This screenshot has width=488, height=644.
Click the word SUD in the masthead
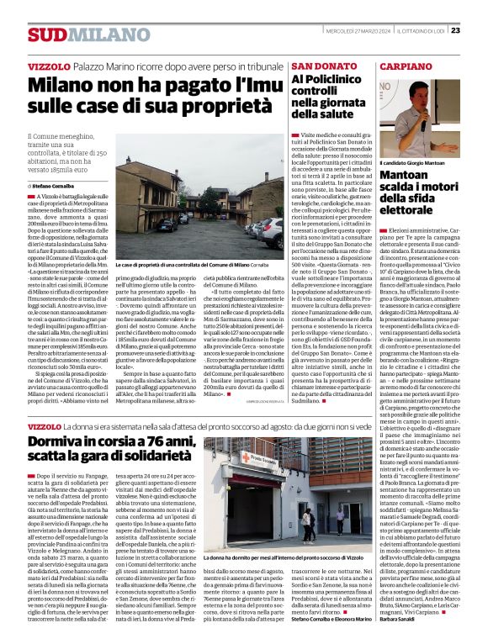(x=45, y=34)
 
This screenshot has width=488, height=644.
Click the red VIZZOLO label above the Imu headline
(x=48, y=66)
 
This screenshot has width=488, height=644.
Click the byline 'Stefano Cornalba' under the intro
(x=54, y=185)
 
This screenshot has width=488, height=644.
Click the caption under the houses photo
(x=188, y=264)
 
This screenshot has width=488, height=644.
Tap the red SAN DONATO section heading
(x=324, y=66)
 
